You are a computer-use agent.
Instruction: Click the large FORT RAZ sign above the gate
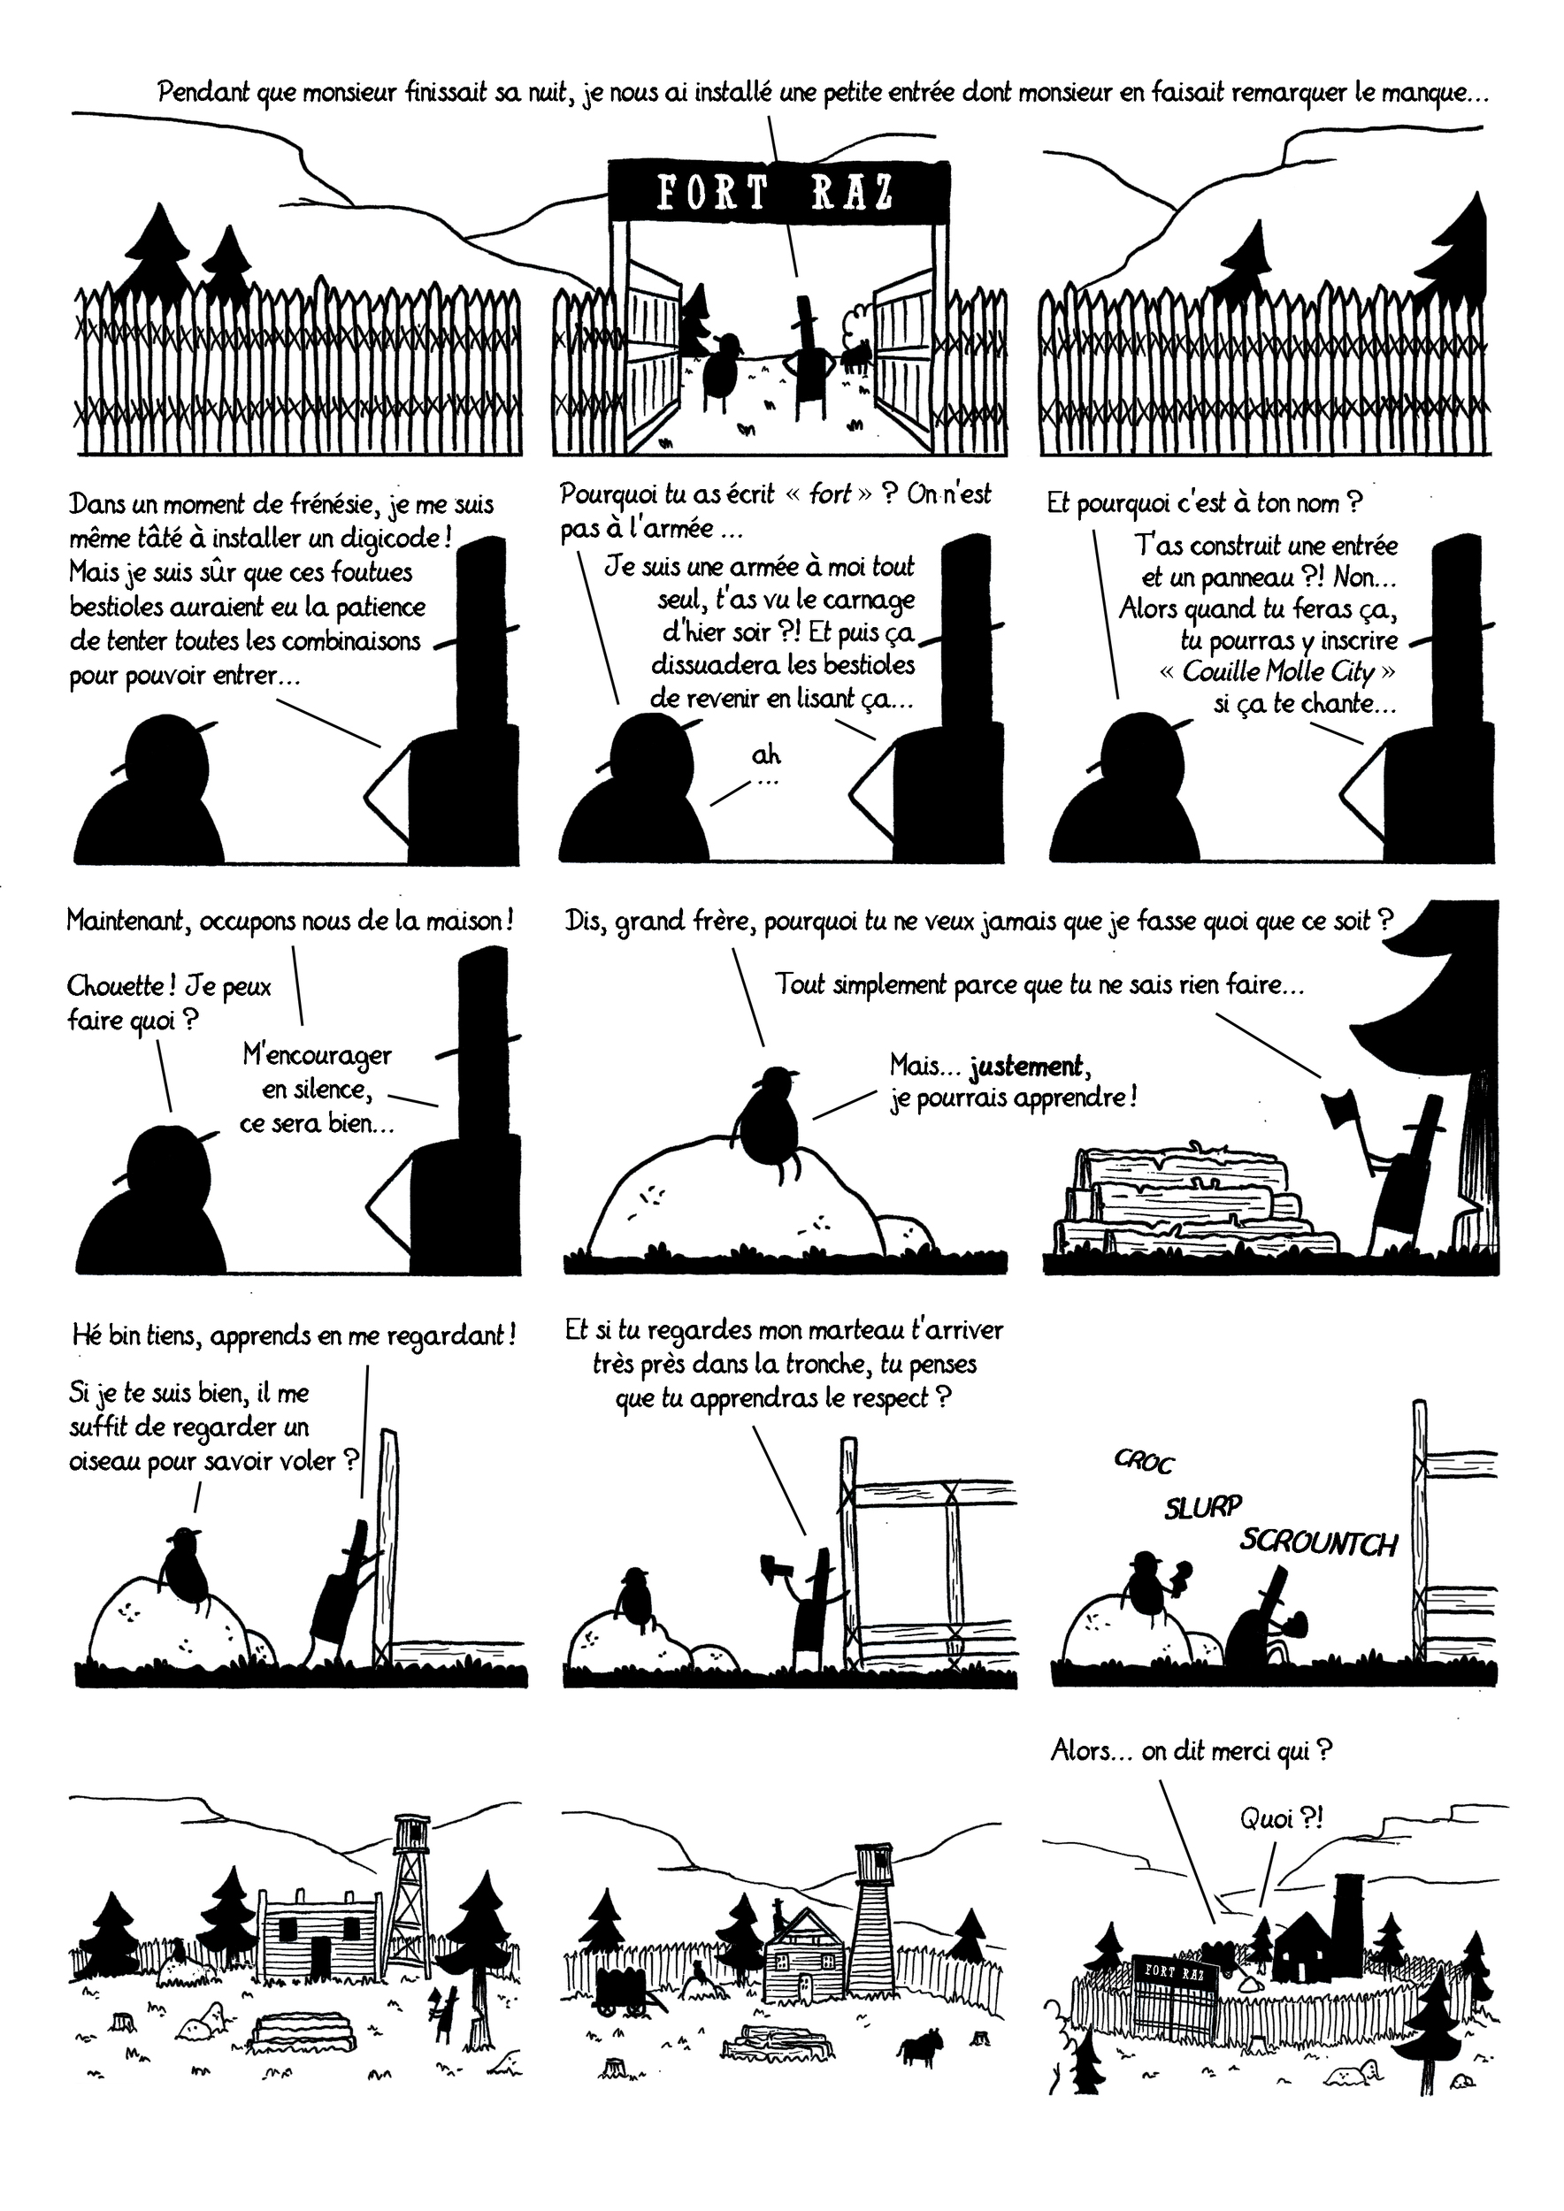coord(778,193)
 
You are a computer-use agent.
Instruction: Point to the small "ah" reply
coord(765,756)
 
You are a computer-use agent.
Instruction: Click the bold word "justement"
coord(1025,1066)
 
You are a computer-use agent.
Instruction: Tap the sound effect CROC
coord(1144,1461)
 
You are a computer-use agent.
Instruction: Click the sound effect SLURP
coord(1204,1506)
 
